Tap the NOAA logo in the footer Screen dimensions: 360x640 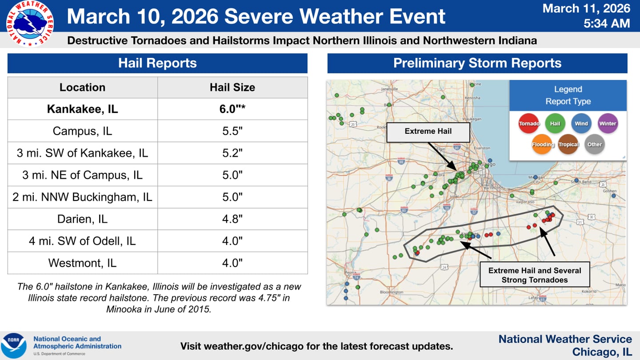pos(13,345)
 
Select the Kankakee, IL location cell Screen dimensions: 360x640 pos(83,109)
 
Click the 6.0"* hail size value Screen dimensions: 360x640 pos(232,109)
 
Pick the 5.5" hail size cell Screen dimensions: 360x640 pos(232,131)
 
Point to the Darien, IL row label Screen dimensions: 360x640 pos(83,219)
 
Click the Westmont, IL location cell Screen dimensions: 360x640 pos(83,263)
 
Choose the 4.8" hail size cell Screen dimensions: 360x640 pos(232,219)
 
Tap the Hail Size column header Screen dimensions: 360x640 pos(232,88)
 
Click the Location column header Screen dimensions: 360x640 pos(83,88)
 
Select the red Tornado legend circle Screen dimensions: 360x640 pos(529,124)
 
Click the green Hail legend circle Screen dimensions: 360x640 pos(555,124)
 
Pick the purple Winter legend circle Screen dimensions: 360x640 pos(608,124)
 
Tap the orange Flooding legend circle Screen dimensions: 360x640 pos(542,144)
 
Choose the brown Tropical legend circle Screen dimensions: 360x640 pos(568,144)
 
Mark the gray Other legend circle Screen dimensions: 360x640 pos(595,144)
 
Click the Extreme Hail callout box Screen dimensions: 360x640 pos(428,132)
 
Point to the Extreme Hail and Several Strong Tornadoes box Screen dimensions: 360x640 pos(535,275)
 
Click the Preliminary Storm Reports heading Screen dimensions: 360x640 pos(477,63)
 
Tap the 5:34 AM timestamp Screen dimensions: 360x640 pos(607,23)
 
